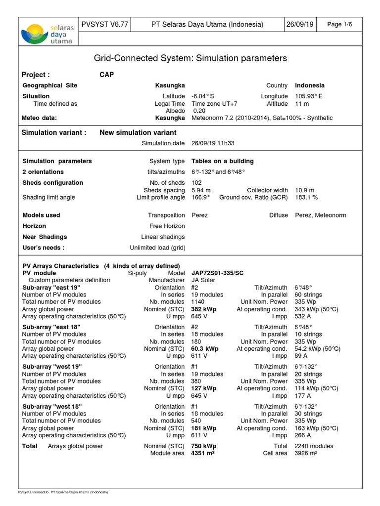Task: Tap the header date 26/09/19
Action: (299, 25)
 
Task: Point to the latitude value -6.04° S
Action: (203, 96)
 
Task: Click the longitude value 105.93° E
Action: (309, 96)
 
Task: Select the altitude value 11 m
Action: (302, 104)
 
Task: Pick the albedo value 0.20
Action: (199, 111)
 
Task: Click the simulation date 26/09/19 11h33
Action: (213, 143)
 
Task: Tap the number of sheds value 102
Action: (196, 183)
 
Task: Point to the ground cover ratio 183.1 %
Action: (306, 198)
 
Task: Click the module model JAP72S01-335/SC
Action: (218, 273)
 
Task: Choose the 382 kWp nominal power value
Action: (204, 309)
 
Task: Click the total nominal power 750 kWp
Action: (204, 446)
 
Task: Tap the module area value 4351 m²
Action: (203, 454)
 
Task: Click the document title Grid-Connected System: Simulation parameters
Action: (190, 58)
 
